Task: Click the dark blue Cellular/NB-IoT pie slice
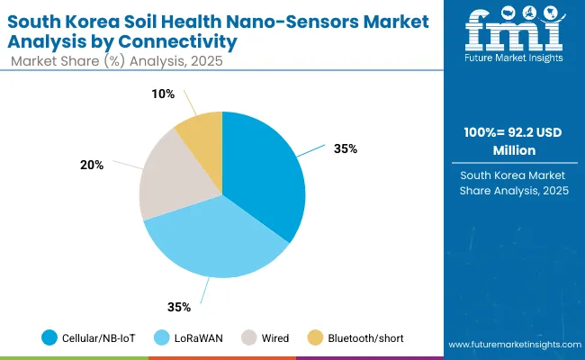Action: pyautogui.click(x=265, y=171)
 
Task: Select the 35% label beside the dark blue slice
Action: pyautogui.click(x=345, y=148)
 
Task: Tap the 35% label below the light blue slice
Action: pyautogui.click(x=179, y=307)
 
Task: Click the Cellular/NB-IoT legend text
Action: pyautogui.click(x=100, y=338)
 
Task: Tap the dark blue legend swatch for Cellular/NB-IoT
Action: pyautogui.click(x=50, y=338)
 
